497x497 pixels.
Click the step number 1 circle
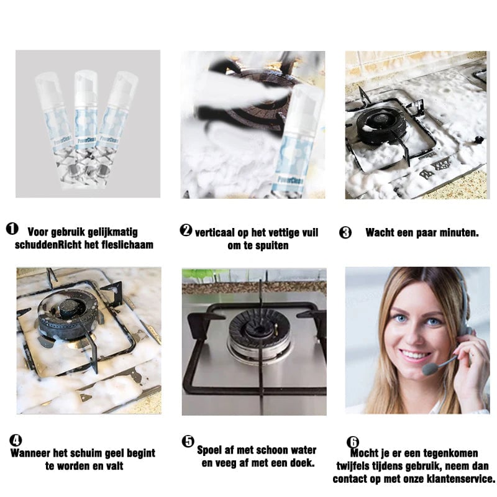(12, 229)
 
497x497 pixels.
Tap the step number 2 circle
(186, 230)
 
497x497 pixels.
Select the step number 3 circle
(345, 232)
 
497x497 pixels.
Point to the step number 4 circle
(16, 440)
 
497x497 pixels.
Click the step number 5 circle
(188, 441)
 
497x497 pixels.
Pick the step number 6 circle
(352, 442)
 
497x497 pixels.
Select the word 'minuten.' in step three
(458, 232)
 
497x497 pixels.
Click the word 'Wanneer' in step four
(30, 453)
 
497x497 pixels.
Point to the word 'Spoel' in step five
(209, 450)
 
